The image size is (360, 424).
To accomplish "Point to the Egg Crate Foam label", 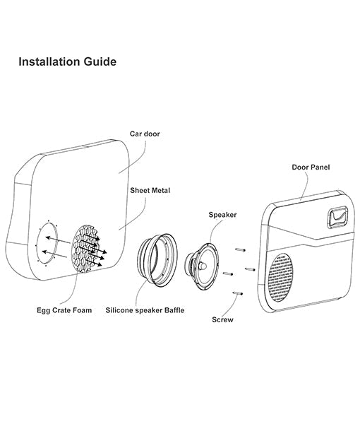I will [64, 310].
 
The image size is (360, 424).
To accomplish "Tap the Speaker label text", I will [222, 213].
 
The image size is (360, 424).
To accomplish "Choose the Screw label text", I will [223, 319].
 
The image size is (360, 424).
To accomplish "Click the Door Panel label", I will [311, 167].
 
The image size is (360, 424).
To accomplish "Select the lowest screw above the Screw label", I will [236, 294].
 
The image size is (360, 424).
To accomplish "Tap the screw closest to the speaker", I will [227, 273].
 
